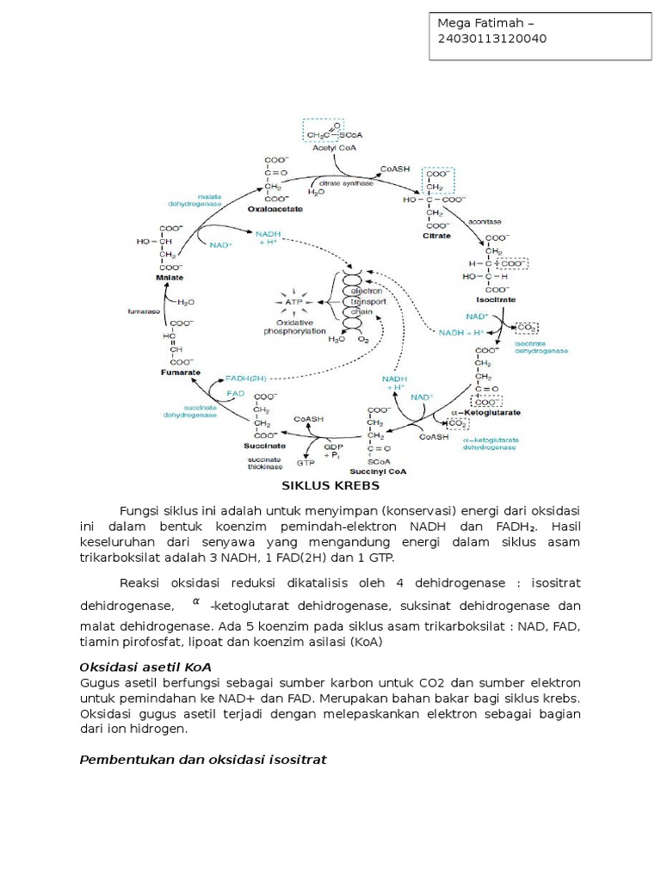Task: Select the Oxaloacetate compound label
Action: coord(275,208)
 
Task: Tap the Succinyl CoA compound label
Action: coord(379,471)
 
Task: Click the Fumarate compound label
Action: coord(181,373)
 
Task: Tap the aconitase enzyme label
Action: coord(484,222)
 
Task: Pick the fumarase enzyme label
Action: coord(145,312)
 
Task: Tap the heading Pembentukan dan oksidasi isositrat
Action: coord(203,760)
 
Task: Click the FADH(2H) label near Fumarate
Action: coord(248,378)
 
